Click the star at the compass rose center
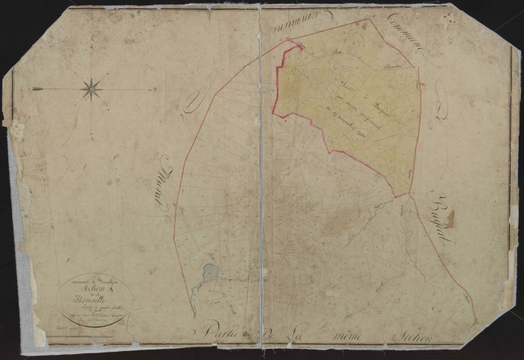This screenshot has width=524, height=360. click(92, 88)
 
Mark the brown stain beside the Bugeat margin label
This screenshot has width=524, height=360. click(449, 219)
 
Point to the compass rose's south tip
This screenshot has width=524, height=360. click(92, 139)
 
